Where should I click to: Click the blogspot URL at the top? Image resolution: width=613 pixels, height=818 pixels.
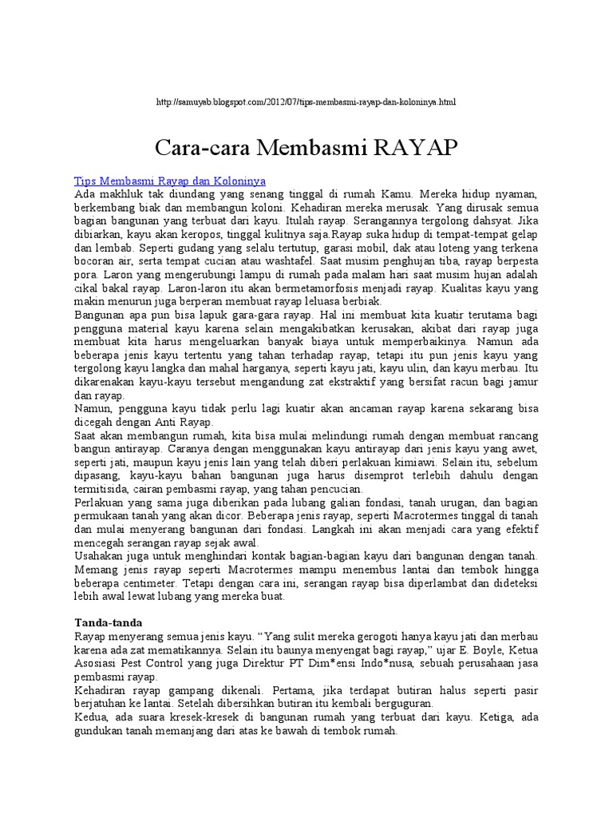(306, 103)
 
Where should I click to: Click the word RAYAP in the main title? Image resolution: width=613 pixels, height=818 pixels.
(416, 148)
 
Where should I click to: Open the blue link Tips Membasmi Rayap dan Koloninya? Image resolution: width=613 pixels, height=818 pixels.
(169, 182)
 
